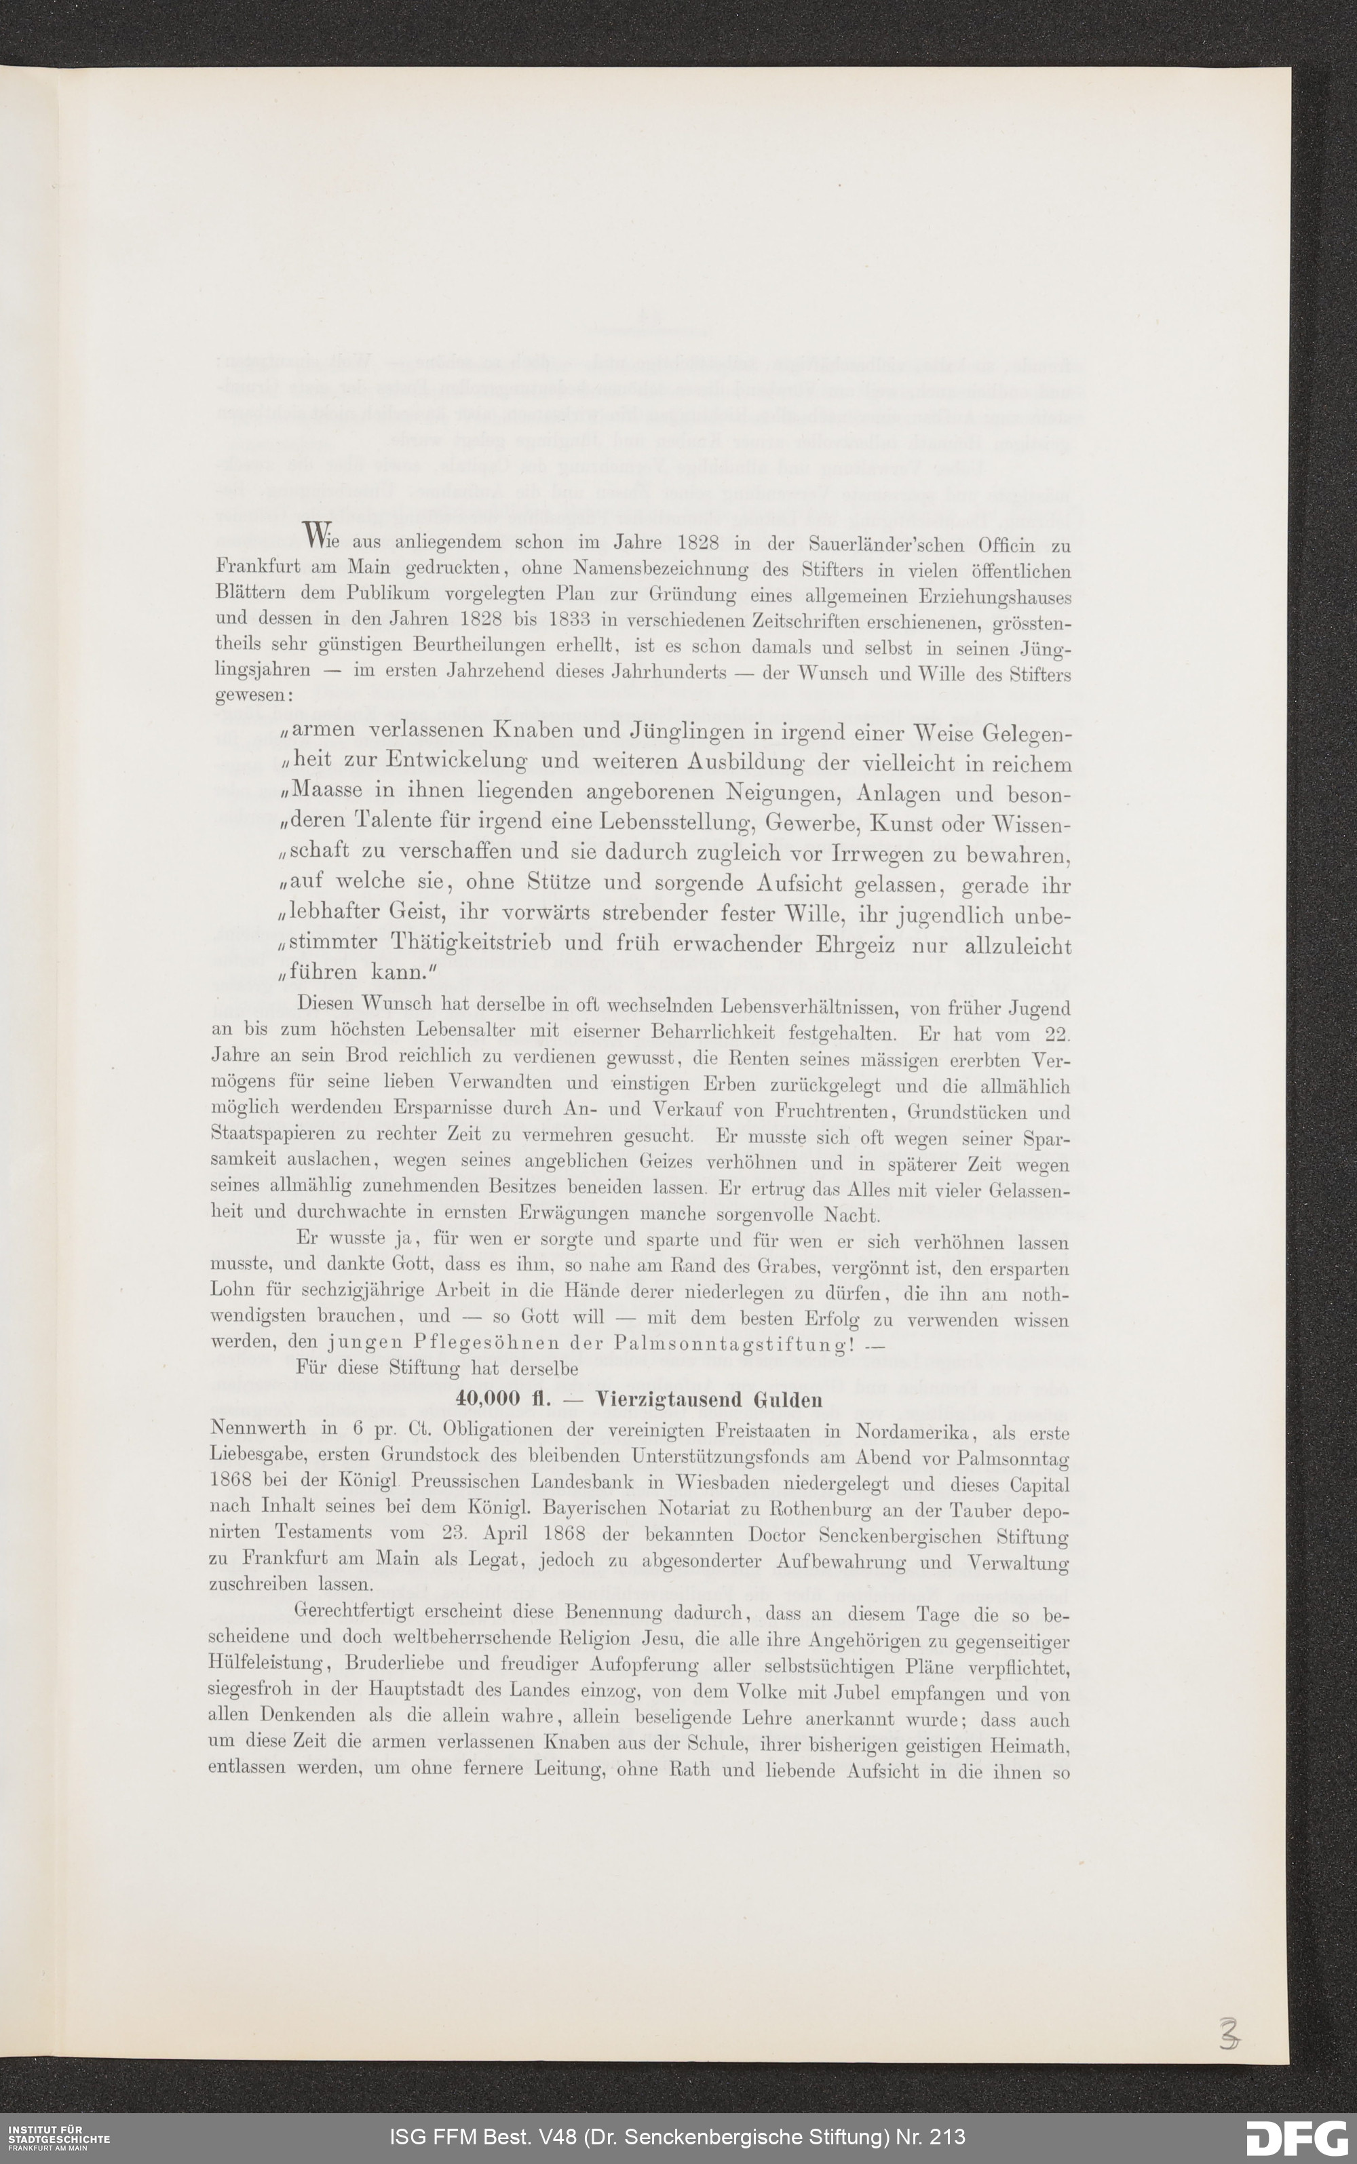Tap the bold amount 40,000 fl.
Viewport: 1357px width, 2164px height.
click(497, 1399)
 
